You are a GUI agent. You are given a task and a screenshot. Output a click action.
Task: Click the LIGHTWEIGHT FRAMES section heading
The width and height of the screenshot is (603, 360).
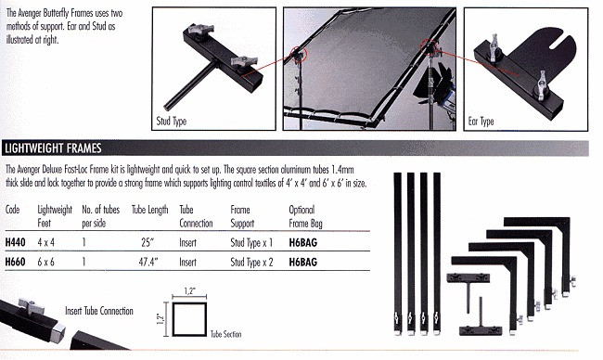53,148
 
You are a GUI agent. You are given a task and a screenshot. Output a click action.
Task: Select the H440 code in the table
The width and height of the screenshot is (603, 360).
16,242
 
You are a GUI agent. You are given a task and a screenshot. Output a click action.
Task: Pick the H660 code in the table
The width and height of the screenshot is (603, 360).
16,262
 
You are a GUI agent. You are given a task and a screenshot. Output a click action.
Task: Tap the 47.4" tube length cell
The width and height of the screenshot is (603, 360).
148,262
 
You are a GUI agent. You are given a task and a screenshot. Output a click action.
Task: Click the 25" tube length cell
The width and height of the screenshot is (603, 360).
148,242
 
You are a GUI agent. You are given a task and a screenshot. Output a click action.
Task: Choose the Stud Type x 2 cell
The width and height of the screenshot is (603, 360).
252,263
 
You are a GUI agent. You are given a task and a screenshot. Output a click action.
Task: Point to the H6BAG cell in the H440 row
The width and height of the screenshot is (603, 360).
303,243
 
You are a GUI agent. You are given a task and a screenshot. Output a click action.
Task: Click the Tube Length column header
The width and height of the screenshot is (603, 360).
150,210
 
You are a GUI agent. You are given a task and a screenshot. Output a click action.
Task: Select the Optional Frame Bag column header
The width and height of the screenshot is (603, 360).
306,216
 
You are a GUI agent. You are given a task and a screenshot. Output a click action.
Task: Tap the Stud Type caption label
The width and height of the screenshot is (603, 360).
172,122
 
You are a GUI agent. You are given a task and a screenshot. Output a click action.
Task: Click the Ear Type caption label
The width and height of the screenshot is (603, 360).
481,122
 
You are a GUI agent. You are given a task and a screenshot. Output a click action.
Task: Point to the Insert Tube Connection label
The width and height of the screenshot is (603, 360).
99,311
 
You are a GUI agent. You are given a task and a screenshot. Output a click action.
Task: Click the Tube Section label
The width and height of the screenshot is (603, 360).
226,334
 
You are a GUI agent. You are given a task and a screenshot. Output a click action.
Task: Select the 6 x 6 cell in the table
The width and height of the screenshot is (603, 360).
45,262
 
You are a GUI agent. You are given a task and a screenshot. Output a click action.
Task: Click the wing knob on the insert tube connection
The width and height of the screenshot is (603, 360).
31,306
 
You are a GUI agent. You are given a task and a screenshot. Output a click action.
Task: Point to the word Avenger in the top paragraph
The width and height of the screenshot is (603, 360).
30,13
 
